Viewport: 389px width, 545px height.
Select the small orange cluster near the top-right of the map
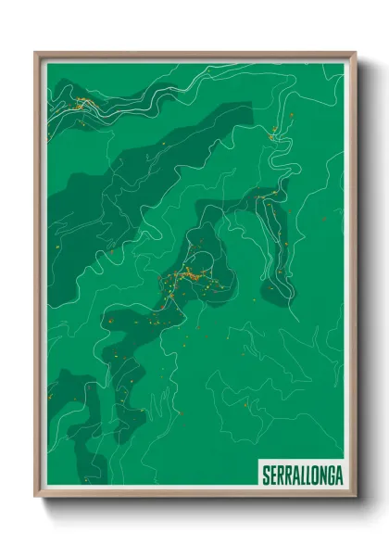pos(273,135)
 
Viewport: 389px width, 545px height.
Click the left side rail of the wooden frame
pos(37,278)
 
